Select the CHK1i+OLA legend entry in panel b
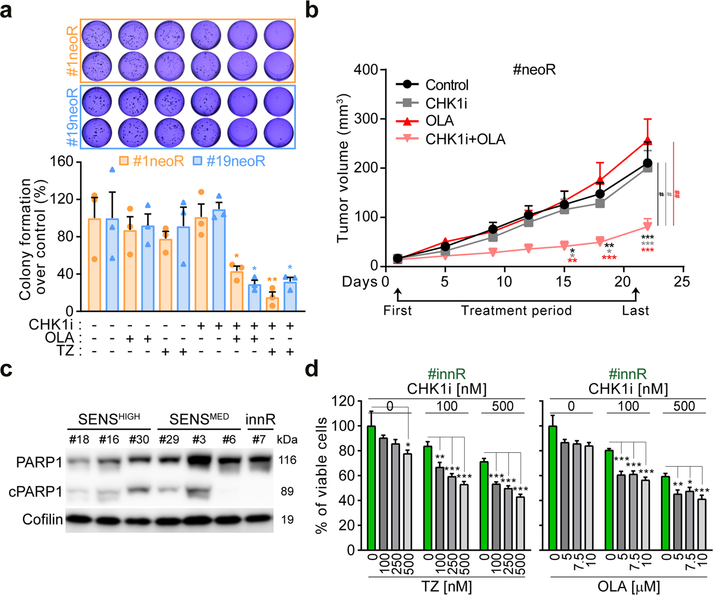465,139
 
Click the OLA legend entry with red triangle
439,121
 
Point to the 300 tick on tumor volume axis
367,119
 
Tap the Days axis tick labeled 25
682,282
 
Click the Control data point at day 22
647,163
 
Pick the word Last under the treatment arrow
635,310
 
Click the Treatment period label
516,310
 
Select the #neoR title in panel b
534,70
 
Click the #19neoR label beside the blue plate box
73,117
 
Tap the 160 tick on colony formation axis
62,162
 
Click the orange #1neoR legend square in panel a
124,161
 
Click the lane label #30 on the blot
140,440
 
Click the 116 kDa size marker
288,460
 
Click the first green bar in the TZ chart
371,487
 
